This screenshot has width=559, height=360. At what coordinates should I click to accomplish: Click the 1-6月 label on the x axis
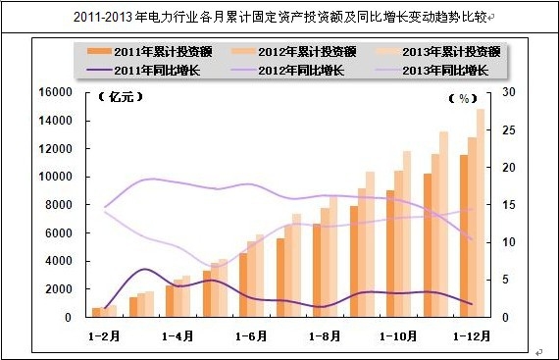[x=251, y=334]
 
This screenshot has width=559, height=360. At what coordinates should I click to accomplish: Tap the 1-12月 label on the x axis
[x=471, y=334]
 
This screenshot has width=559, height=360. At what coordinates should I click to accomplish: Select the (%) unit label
[x=461, y=98]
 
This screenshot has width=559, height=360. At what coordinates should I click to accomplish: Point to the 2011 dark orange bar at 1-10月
[x=390, y=255]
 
